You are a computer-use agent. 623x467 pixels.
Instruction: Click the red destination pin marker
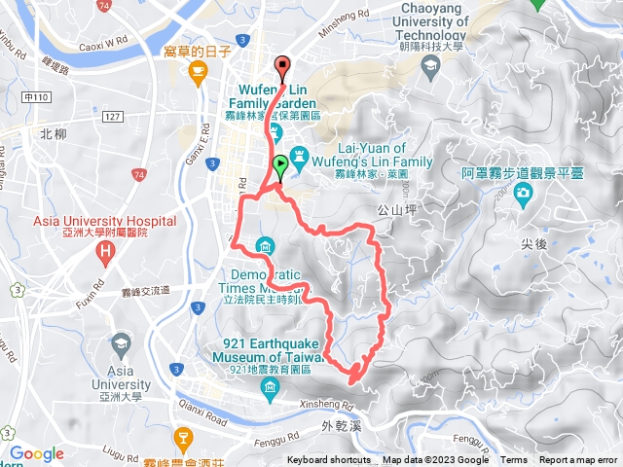pyautogui.click(x=283, y=67)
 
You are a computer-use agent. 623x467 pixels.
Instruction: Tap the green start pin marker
pyautogui.click(x=280, y=164)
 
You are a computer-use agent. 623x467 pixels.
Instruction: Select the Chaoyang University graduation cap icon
pyautogui.click(x=429, y=66)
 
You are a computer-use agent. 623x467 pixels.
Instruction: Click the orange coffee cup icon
pyautogui.click(x=200, y=71)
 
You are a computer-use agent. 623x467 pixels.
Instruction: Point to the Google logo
pyautogui.click(x=36, y=453)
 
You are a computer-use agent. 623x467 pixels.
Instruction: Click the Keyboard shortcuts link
pyautogui.click(x=329, y=460)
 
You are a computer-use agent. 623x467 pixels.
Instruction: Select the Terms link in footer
pyautogui.click(x=514, y=460)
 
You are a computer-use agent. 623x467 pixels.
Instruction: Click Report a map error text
pyautogui.click(x=580, y=460)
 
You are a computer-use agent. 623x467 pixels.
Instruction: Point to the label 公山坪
pyautogui.click(x=397, y=209)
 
